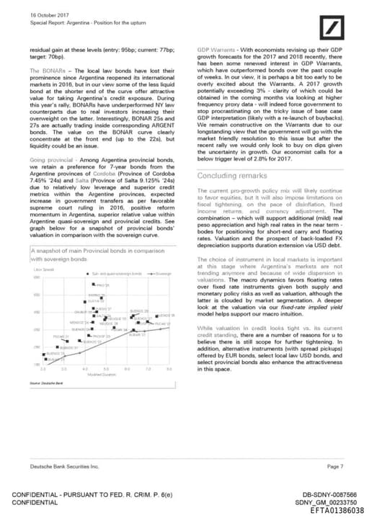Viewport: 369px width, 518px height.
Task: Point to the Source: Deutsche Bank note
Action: coord(45,384)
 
